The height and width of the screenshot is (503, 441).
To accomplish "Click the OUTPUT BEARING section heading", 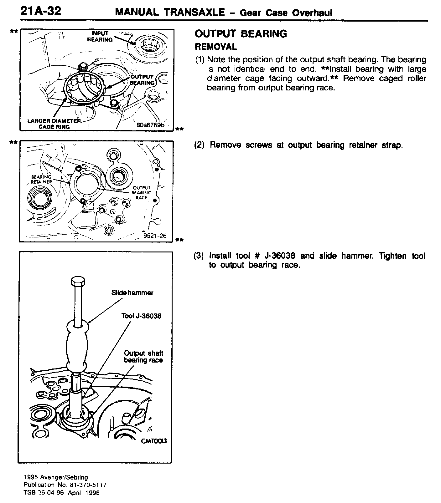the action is pyautogui.click(x=241, y=34).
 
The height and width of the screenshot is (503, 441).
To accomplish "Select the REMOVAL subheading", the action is pyautogui.click(x=215, y=47).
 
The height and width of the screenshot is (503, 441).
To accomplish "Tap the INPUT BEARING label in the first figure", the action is pyautogui.click(x=100, y=37).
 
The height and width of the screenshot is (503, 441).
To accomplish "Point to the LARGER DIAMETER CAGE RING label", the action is pyautogui.click(x=54, y=124).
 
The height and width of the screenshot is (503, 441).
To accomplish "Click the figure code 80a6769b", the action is pyautogui.click(x=150, y=125).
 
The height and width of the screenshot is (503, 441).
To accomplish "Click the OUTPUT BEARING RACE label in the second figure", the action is pyautogui.click(x=142, y=193).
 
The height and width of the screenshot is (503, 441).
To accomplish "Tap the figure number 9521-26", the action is pyautogui.click(x=155, y=236).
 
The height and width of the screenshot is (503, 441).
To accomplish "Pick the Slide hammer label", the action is pyautogui.click(x=132, y=293).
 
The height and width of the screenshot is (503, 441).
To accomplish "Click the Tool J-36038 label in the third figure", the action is pyautogui.click(x=141, y=316).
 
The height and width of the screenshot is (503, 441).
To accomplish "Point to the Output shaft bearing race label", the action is pyautogui.click(x=143, y=357).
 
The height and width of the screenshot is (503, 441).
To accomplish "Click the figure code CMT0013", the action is pyautogui.click(x=154, y=441).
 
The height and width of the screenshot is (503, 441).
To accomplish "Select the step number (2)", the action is pyautogui.click(x=199, y=145).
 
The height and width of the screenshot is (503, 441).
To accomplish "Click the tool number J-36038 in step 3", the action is pyautogui.click(x=280, y=256).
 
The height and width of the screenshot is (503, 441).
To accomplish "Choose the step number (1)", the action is pyautogui.click(x=200, y=60).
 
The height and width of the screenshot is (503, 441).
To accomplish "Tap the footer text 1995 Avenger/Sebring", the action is pyautogui.click(x=56, y=478).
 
